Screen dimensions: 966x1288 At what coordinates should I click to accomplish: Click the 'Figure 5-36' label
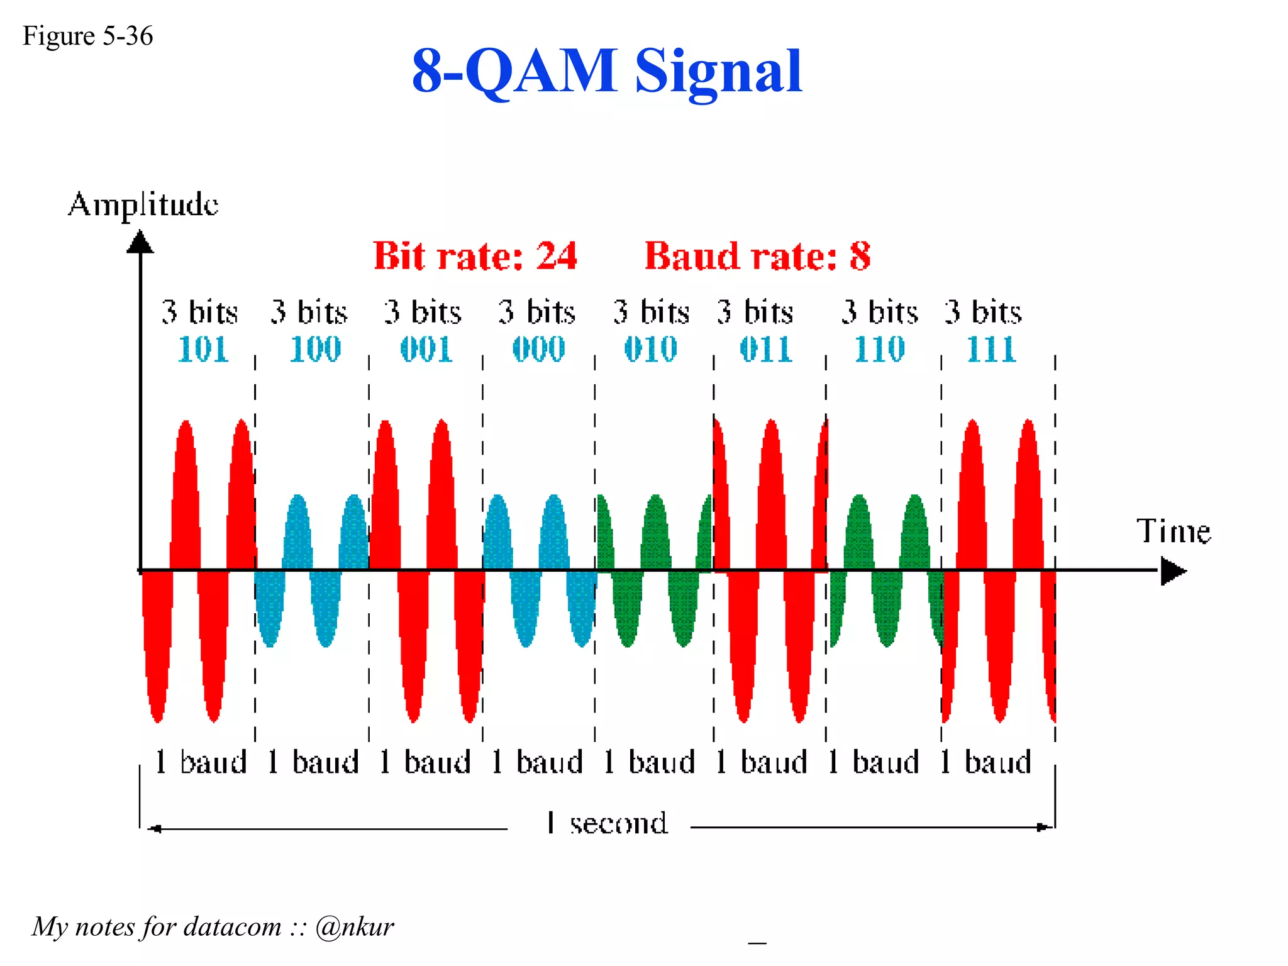[87, 36]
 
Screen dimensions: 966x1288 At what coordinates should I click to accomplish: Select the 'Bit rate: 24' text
[475, 256]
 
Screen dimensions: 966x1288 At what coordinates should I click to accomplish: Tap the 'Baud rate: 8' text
[757, 256]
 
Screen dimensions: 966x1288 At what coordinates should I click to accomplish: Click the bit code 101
[203, 349]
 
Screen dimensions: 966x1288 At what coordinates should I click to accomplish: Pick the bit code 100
[315, 349]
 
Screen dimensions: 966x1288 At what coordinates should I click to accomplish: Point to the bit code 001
[426, 349]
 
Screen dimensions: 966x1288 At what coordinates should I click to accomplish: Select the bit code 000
[539, 349]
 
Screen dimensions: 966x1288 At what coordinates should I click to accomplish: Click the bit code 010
[651, 349]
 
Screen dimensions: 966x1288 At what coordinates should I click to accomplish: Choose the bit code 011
[766, 349]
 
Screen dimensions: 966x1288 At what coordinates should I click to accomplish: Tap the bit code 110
[879, 349]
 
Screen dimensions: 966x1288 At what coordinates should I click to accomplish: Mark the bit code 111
[991, 349]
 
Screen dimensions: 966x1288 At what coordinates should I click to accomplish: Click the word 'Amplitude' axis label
[143, 205]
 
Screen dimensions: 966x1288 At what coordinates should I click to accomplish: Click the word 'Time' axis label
[1173, 531]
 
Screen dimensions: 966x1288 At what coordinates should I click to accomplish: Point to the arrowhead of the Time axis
[1173, 571]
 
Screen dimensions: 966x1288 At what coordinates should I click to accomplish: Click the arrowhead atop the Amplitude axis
[140, 242]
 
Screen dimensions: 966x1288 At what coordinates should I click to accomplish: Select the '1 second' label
[607, 823]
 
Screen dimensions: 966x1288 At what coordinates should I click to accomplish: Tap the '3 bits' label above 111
[983, 312]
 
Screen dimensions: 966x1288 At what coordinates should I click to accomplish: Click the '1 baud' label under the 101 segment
[201, 762]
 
